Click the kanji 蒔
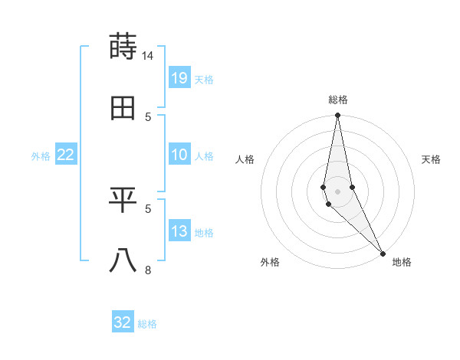[x=123, y=47]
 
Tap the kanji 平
[x=123, y=200]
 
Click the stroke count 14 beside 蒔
[x=148, y=56]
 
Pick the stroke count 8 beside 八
[x=148, y=270]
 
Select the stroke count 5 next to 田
[x=148, y=116]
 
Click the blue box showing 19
[x=179, y=78]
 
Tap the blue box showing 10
[x=179, y=155]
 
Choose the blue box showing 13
[x=179, y=231]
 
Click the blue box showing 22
[x=66, y=155]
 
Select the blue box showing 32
[x=123, y=322]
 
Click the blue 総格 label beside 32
[x=147, y=324]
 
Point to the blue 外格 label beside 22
[x=41, y=156]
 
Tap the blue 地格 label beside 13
[x=204, y=233]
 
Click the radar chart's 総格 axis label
[x=338, y=100]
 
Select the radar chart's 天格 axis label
[x=431, y=159]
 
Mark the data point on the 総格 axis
[x=337, y=116]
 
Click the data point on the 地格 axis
[x=383, y=252]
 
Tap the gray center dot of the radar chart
[x=337, y=191]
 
